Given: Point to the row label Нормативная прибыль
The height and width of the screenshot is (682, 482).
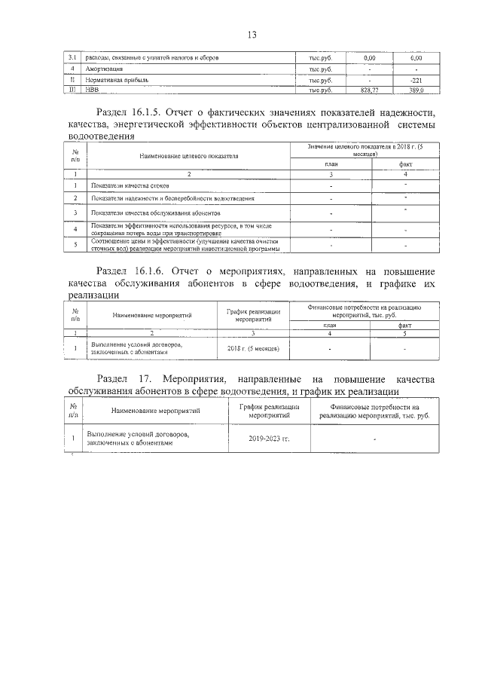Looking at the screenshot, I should [119, 79].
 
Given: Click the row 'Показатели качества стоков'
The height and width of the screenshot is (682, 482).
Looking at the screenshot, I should [129, 185].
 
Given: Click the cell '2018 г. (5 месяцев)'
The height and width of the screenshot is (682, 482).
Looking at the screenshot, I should [253, 349].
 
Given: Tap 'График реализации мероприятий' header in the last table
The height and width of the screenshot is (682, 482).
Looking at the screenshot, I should [269, 411].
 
